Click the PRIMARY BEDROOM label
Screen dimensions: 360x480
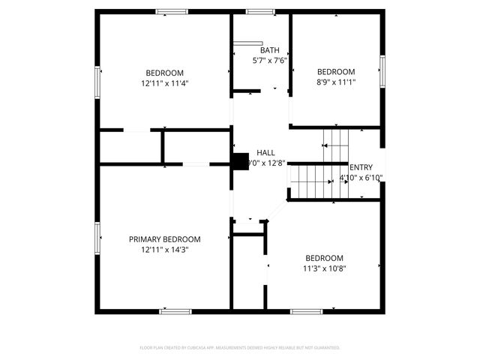pos(164,239)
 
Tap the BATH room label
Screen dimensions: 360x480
pos(270,50)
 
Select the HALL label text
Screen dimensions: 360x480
pos(265,152)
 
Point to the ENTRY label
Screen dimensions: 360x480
pos(361,167)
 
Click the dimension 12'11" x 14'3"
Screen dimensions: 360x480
pos(164,250)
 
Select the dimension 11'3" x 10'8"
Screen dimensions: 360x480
pos(324,268)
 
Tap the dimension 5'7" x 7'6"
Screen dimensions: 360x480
pos(270,60)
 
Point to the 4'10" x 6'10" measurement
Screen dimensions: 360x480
pos(361,178)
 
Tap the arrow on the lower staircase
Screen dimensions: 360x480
pos(330,181)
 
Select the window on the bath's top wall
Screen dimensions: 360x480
pos(260,11)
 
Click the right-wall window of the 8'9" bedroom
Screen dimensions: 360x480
pos(382,70)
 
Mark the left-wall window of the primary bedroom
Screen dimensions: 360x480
pos(97,238)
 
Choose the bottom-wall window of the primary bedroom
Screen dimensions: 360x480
pos(175,310)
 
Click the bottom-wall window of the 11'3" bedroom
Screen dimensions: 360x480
pos(306,310)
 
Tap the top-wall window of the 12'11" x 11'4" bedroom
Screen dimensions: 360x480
pos(171,11)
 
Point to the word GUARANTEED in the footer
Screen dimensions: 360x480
pos(325,348)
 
